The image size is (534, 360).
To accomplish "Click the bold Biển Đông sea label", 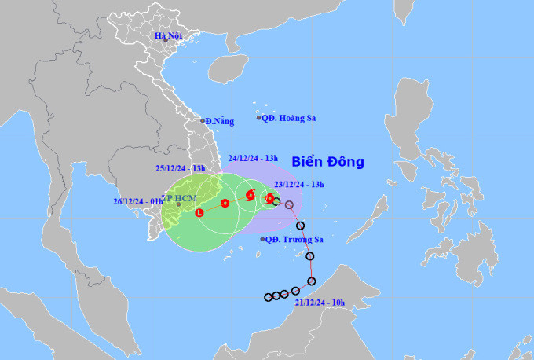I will (328, 163).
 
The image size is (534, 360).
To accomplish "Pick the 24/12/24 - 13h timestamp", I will (254, 158).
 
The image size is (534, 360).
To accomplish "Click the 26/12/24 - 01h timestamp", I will (139, 200).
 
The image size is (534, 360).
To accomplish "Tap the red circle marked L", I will (199, 212).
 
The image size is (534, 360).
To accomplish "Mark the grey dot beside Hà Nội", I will (155, 40).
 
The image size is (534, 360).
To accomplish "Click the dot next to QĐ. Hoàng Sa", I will (258, 118).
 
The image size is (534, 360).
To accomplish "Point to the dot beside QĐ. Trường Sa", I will (262, 238).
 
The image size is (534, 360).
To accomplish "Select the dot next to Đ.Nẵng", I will (202, 121).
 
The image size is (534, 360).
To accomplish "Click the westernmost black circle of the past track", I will (268, 297).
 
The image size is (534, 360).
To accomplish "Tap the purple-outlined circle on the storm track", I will (289, 204).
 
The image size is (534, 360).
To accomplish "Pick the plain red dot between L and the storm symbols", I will (225, 204).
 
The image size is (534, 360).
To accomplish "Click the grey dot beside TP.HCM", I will (178, 204).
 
